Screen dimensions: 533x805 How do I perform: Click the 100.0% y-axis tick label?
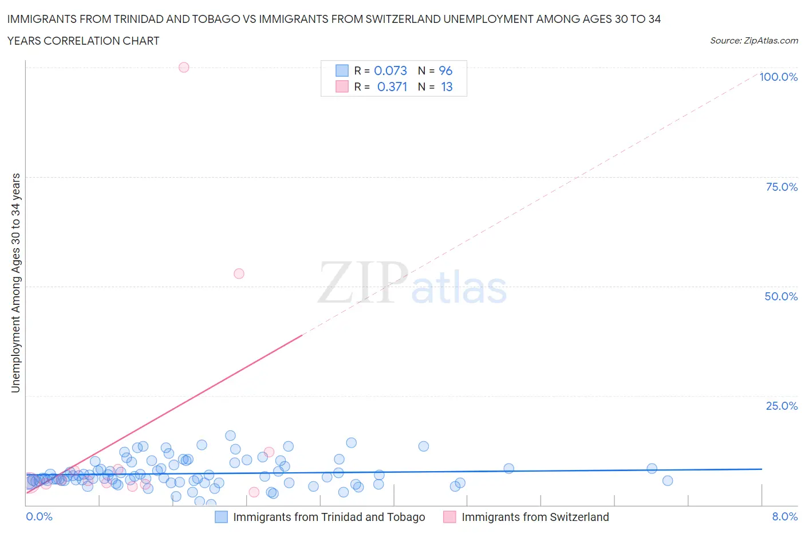click(x=778, y=77)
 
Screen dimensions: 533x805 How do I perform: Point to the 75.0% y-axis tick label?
click(x=782, y=187)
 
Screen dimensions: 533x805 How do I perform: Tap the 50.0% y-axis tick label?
click(x=781, y=296)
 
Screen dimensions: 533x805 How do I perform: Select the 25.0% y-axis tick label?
click(x=782, y=406)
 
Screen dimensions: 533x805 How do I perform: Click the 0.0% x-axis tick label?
click(x=39, y=516)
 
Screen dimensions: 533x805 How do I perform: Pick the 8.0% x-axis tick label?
click(x=784, y=516)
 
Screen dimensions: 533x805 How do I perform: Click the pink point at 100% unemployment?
click(x=184, y=67)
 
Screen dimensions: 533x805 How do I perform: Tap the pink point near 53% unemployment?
click(x=239, y=273)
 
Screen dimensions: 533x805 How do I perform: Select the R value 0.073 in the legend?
click(x=390, y=70)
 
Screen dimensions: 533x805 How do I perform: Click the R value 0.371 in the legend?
click(x=392, y=87)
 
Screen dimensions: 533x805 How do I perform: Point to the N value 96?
click(x=445, y=70)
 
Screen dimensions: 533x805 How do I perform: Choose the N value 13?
click(x=447, y=87)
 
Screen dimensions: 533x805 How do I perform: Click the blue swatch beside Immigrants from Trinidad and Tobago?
click(x=221, y=517)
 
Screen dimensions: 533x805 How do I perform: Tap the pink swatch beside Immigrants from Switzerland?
click(x=449, y=517)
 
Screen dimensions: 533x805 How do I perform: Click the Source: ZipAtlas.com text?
click(x=753, y=40)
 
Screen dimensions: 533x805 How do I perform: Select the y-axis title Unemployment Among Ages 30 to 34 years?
click(x=15, y=283)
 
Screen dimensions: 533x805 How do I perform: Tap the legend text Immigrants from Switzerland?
click(x=535, y=517)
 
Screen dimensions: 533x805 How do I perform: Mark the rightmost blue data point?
click(x=668, y=480)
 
